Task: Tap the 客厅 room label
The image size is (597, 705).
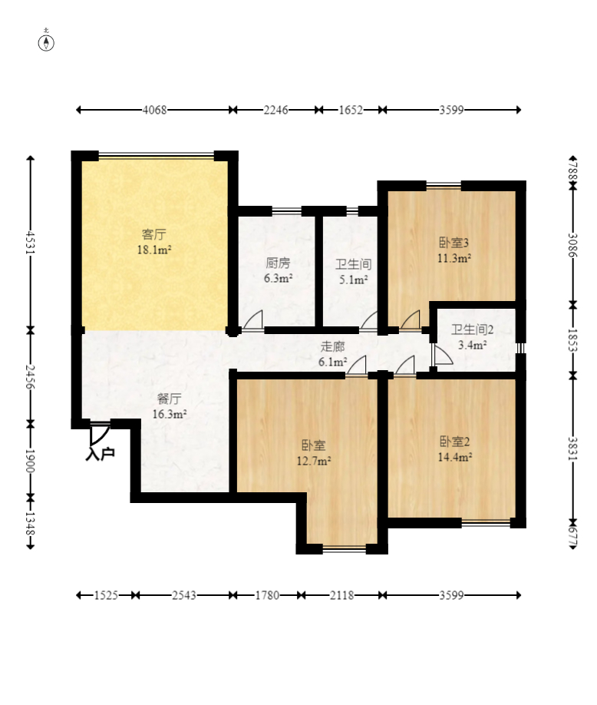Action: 153,234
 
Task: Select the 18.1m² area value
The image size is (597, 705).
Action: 154,250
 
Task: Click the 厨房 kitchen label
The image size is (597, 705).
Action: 278,263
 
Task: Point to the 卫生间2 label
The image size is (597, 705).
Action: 472,329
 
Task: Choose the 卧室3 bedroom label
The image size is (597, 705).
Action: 454,243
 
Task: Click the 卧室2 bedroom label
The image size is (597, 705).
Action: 454,442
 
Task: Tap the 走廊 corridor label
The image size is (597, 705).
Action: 332,346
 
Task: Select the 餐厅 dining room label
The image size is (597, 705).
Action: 169,399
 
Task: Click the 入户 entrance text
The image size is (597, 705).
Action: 100,454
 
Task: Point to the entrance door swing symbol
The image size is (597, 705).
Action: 100,433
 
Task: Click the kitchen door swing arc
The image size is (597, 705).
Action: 253,320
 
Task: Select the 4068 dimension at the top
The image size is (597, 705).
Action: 154,110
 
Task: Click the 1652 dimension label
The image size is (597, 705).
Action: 351,110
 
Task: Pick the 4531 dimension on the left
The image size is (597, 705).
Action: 30,243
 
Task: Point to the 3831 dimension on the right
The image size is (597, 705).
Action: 572,448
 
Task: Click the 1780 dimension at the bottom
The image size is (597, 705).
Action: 267,595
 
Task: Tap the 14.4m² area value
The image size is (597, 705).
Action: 454,457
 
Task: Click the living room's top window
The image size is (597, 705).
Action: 157,156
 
